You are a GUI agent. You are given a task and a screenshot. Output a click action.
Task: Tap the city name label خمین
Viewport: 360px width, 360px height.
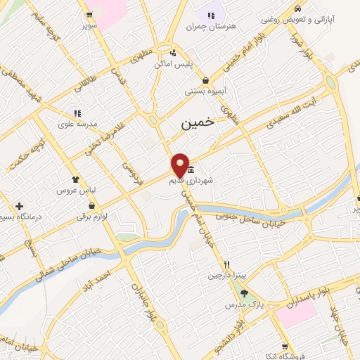coord(196,122)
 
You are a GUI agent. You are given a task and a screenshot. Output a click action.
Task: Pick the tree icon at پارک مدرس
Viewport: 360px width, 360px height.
coord(244,295)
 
